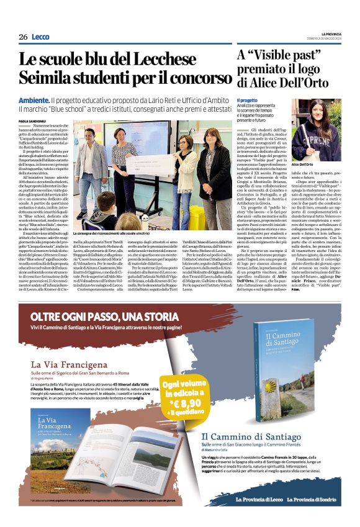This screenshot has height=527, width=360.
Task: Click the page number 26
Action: [x=23, y=37]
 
